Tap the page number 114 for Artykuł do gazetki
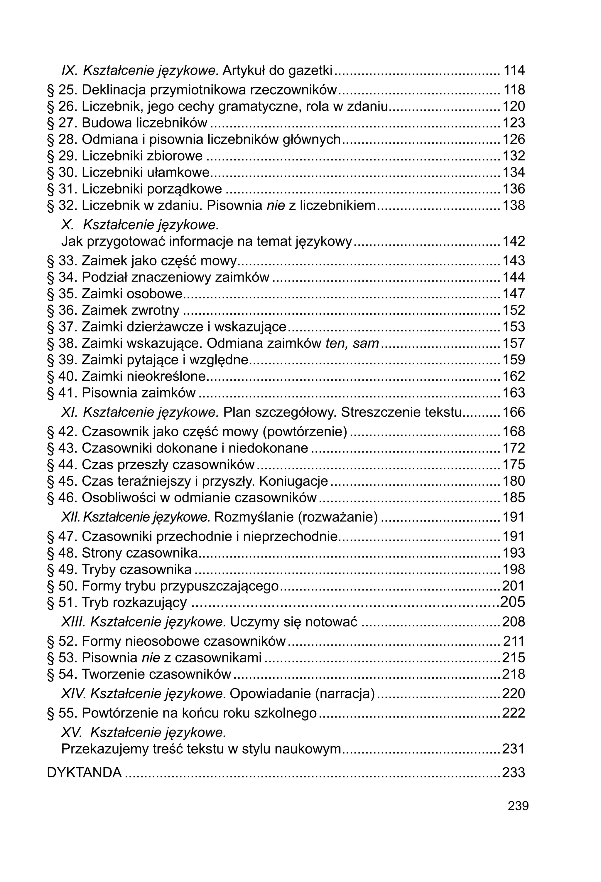(514, 70)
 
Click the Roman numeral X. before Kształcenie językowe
(67, 225)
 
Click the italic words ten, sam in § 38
(352, 344)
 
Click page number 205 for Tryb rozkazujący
(513, 602)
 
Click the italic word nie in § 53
(151, 658)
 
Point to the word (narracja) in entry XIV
(345, 694)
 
